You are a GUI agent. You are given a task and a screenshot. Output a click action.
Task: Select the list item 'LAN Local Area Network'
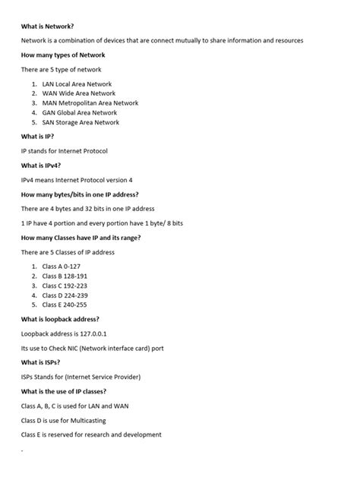77,84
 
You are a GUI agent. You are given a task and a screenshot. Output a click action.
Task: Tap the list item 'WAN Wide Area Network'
78,93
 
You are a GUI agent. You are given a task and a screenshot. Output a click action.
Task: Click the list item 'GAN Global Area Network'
80,112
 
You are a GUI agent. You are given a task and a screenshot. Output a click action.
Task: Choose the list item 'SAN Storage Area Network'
81,122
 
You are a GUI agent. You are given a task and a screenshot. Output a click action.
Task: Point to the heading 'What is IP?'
37,137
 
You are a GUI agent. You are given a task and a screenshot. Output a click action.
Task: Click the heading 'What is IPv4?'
41,165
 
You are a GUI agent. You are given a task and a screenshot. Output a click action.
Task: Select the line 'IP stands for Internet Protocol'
65,151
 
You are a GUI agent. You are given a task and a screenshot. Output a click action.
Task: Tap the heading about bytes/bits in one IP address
90,194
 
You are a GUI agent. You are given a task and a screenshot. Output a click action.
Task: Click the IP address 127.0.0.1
91,333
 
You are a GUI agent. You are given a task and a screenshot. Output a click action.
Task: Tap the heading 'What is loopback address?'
60,319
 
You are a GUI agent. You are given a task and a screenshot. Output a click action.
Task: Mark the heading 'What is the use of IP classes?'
69,391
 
